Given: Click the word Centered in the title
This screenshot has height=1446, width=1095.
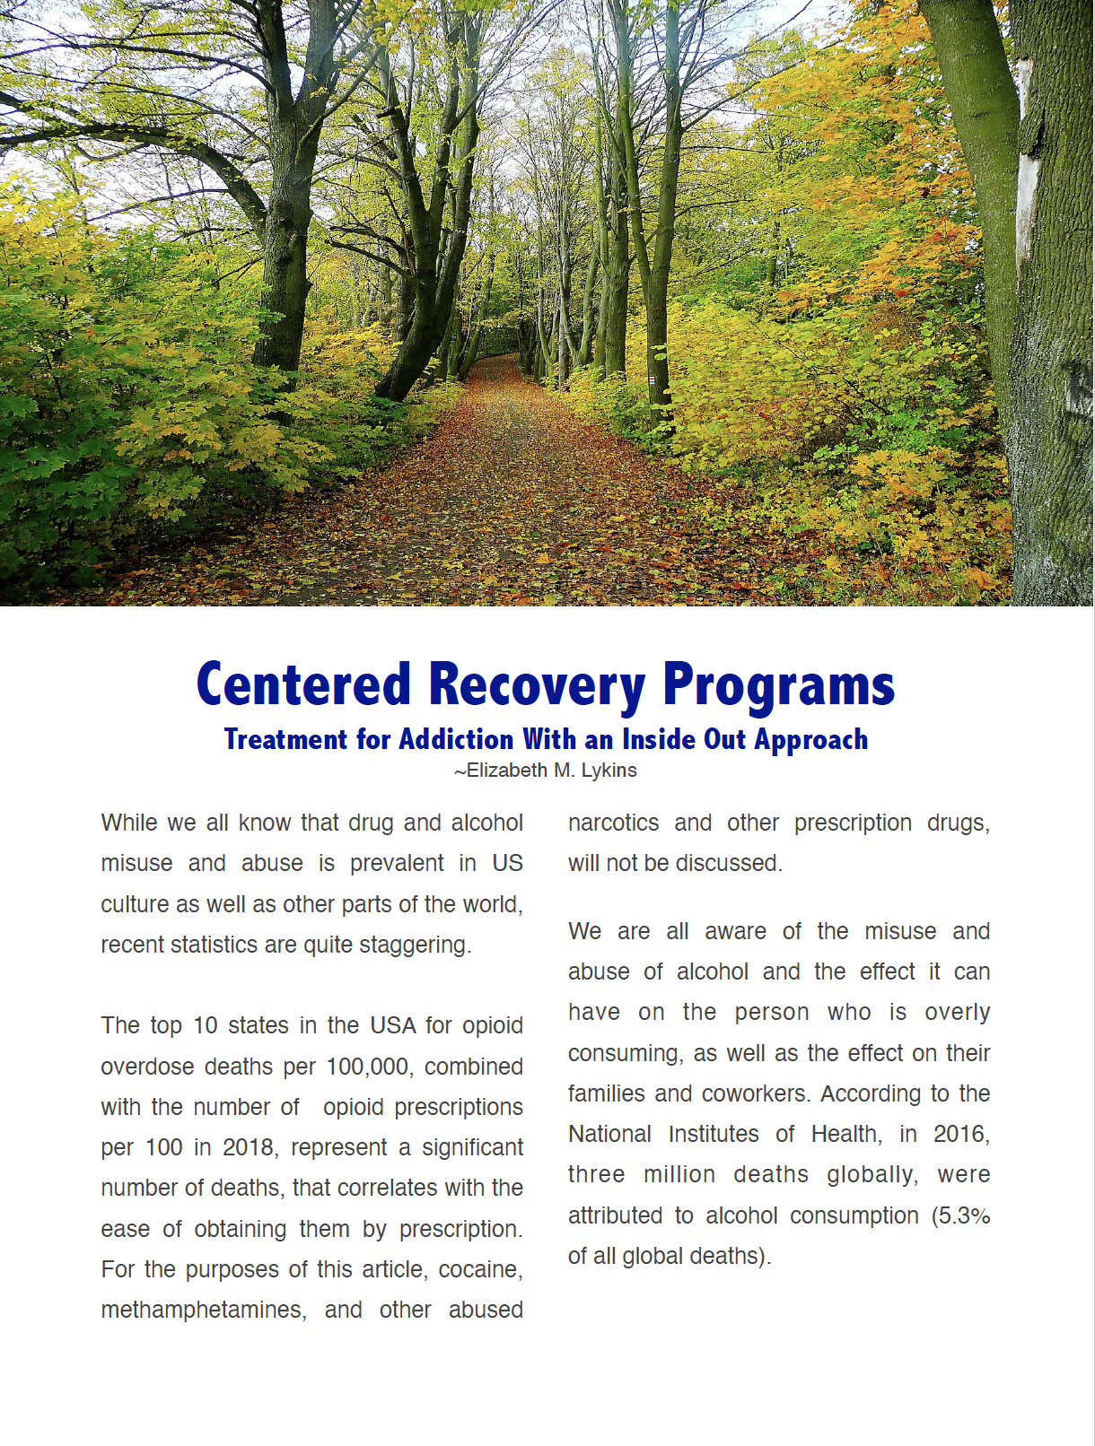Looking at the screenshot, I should [303, 684].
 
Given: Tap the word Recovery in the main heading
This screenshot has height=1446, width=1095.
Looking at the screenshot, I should [536, 684].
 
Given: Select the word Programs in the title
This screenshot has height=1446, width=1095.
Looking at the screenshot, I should [778, 684].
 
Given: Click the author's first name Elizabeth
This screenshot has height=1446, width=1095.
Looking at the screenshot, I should [506, 771].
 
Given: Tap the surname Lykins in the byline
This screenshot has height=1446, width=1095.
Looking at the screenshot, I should [609, 771].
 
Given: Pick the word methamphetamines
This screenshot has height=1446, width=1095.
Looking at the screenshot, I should [203, 1310].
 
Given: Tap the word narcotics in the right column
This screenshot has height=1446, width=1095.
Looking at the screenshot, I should [613, 823].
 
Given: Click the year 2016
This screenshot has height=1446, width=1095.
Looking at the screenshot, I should [959, 1134].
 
